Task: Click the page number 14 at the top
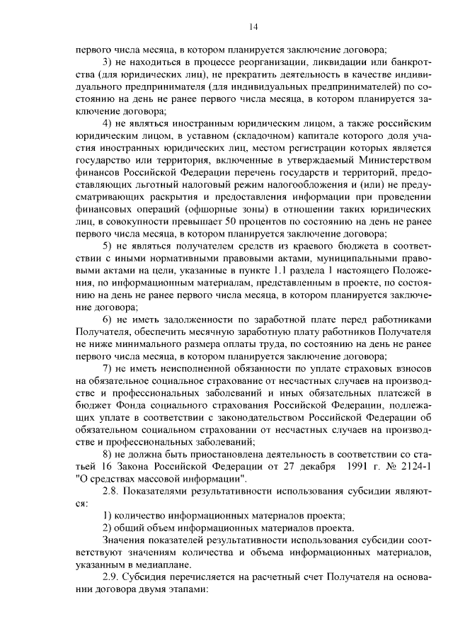253,27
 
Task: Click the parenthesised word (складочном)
247,136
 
